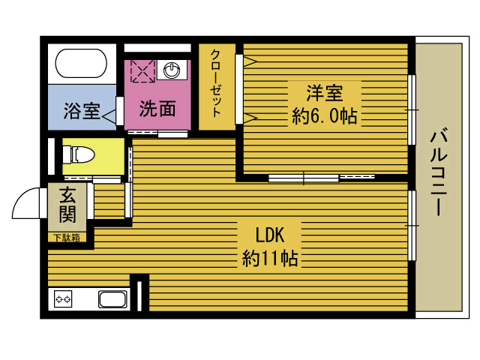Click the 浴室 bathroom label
(82, 110)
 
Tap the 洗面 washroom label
(157, 109)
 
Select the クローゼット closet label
(216, 83)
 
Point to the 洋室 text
(324, 94)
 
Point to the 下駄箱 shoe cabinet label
(67, 238)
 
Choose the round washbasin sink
(172, 70)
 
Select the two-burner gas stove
(62, 300)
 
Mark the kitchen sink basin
(114, 300)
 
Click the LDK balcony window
(411, 225)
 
